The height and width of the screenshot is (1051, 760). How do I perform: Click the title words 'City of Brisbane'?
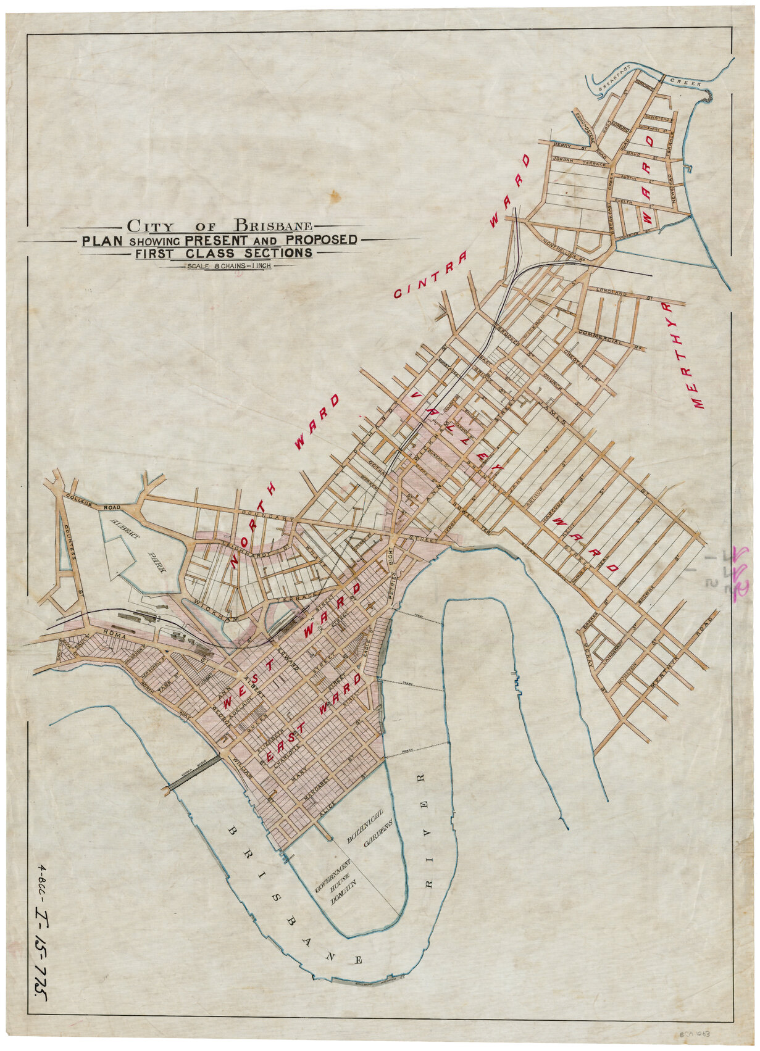[x=219, y=226]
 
